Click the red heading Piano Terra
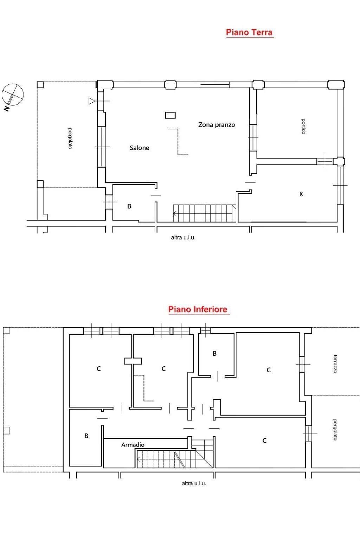click(249, 32)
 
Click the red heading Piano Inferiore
click(198, 309)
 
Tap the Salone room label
click(139, 148)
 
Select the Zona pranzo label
click(217, 125)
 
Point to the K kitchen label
click(301, 194)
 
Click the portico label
click(303, 126)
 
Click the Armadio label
click(133, 445)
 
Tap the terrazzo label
click(335, 364)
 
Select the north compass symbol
click(13, 94)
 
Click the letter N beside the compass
click(7, 109)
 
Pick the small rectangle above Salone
click(171, 115)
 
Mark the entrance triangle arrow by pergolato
click(92, 101)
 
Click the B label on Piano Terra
click(129, 206)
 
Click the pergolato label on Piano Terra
click(70, 139)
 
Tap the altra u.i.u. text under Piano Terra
click(183, 237)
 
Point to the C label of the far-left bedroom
click(99, 368)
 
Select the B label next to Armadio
click(86, 436)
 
